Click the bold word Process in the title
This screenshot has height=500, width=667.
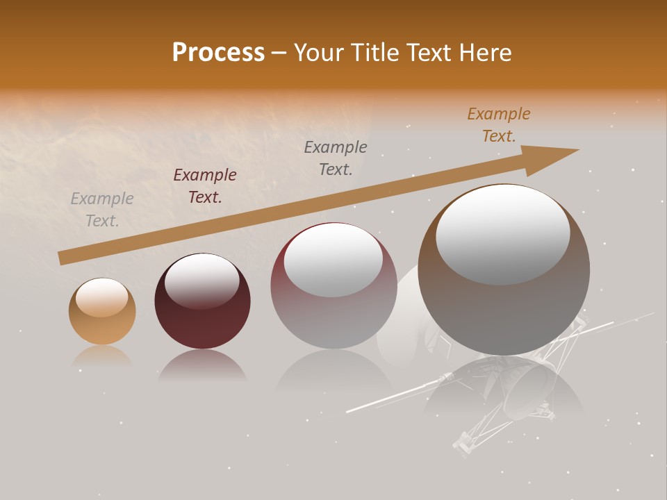218,53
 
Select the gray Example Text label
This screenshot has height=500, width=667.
102,209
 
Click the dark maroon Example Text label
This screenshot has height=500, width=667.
205,186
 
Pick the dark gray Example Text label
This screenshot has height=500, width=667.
336,158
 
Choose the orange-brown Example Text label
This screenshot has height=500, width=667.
499,125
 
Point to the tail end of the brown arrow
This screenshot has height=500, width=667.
63,258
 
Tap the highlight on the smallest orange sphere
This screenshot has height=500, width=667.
102,297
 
